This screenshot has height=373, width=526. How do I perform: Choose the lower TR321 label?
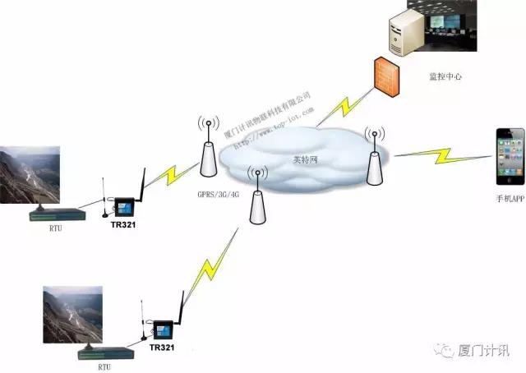[x=161, y=348]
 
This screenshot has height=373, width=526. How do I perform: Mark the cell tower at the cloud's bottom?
[x=259, y=200]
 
